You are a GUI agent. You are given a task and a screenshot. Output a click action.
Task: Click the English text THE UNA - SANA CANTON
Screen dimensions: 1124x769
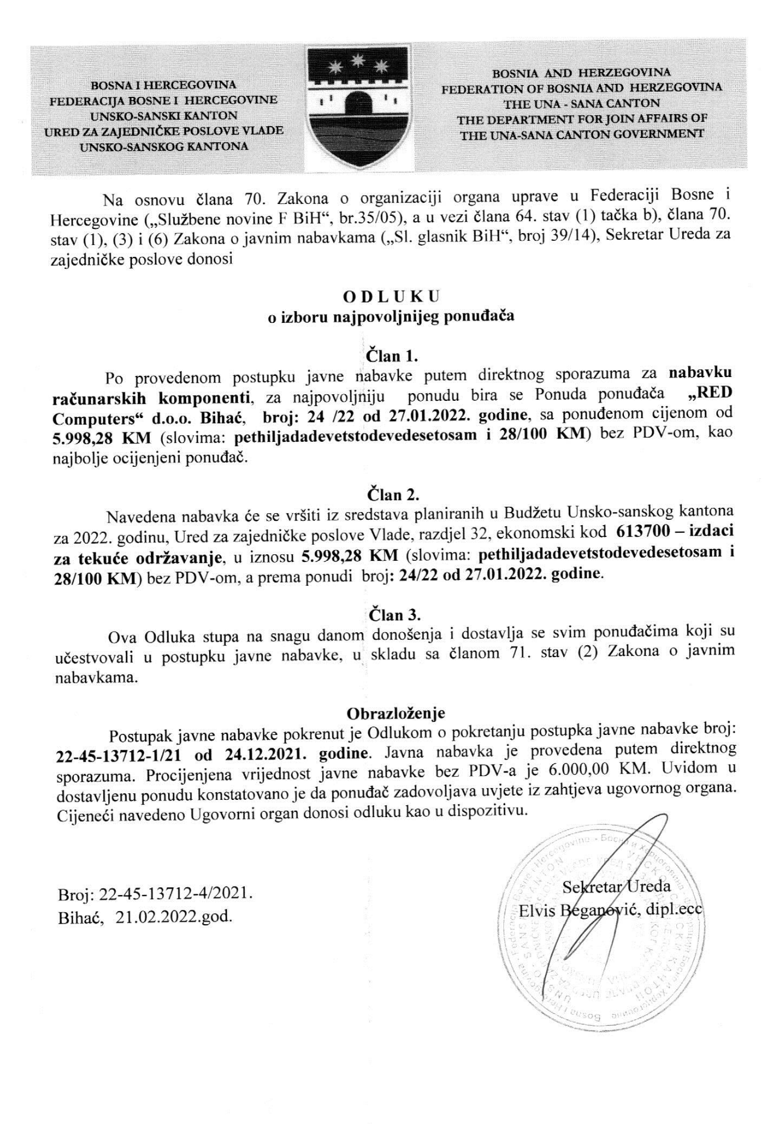click(582, 103)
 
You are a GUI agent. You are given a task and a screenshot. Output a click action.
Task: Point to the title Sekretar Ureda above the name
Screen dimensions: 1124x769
click(616, 886)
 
